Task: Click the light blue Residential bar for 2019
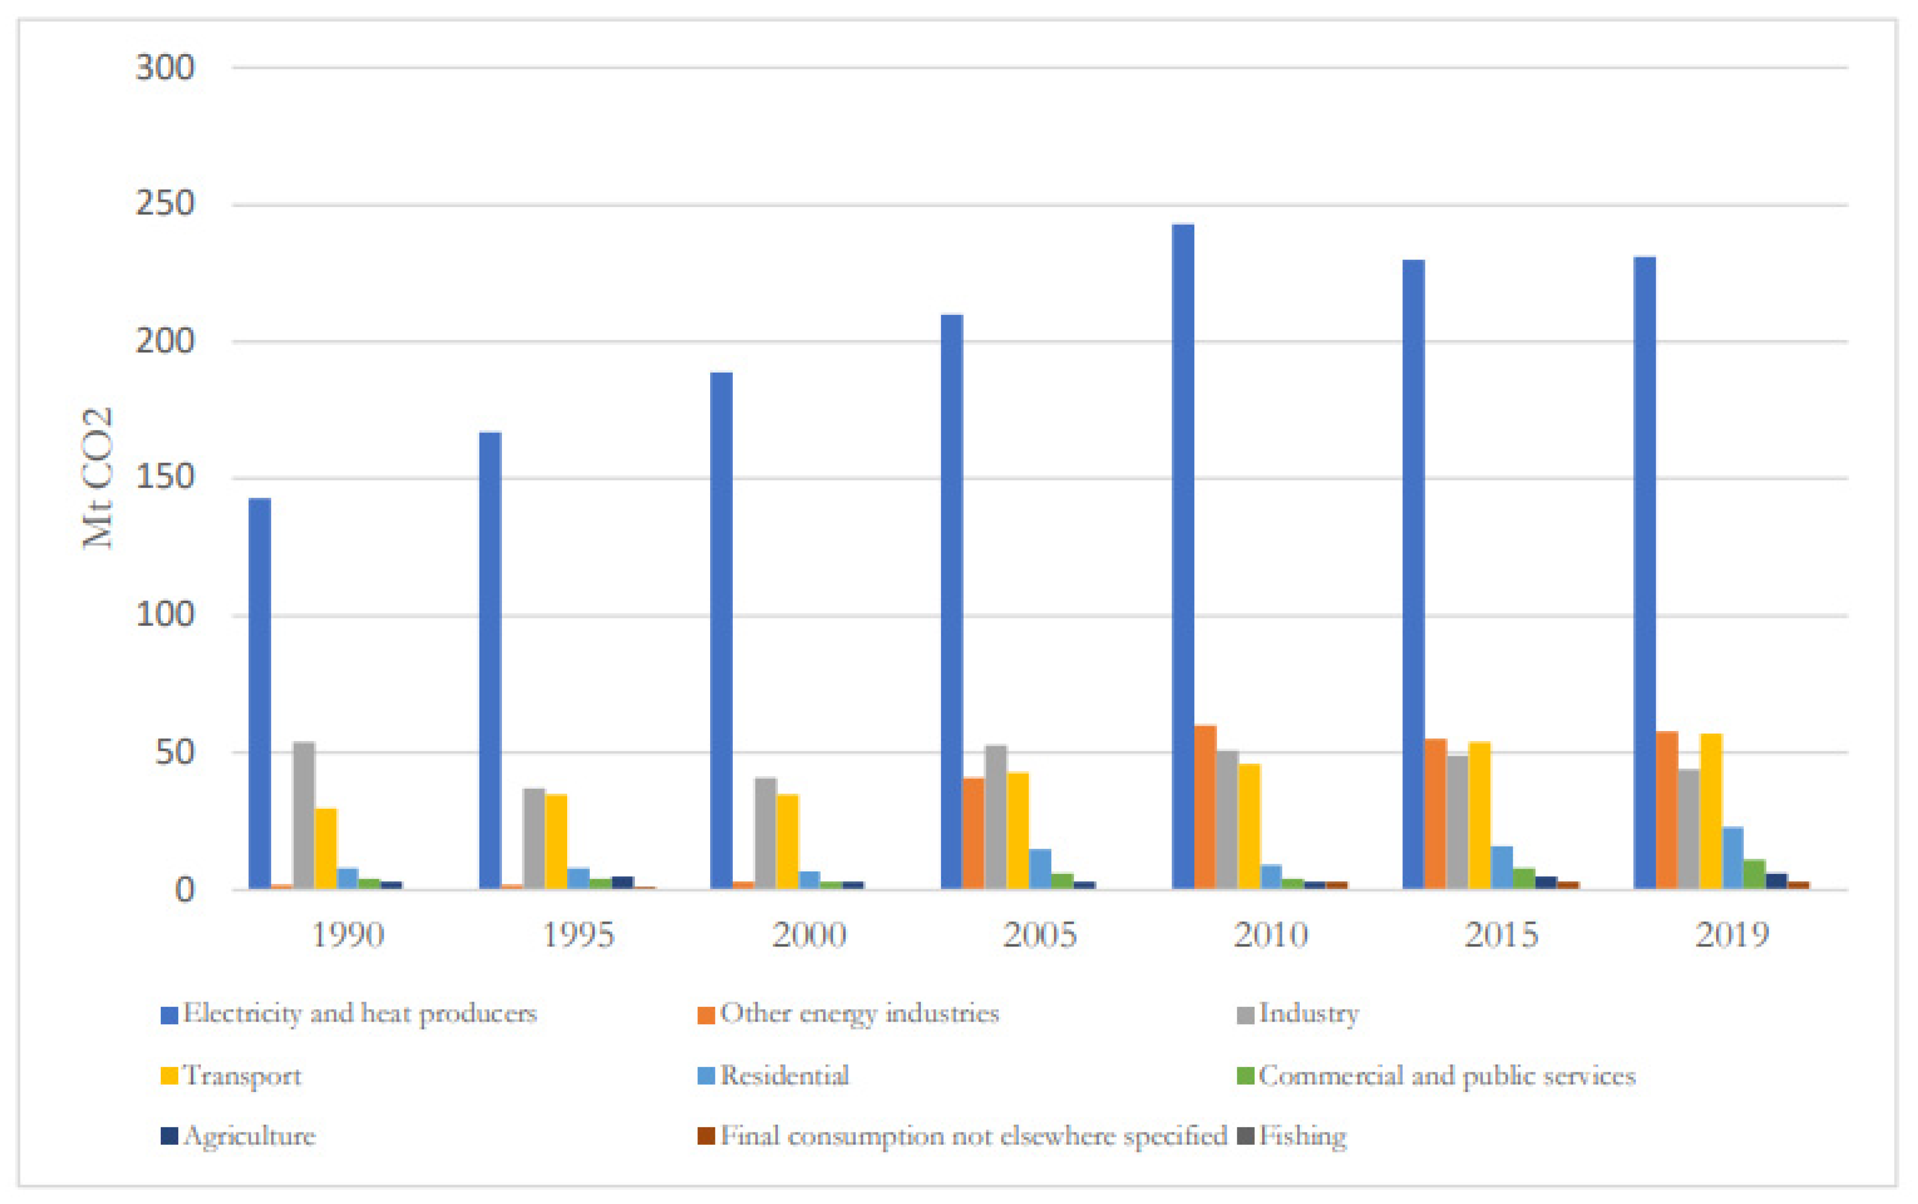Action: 1732,858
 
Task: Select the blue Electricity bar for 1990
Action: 260,693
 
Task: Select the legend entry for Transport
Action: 242,1076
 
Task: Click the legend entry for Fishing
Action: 1302,1136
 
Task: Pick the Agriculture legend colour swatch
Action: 169,1136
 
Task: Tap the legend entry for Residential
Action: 784,1076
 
